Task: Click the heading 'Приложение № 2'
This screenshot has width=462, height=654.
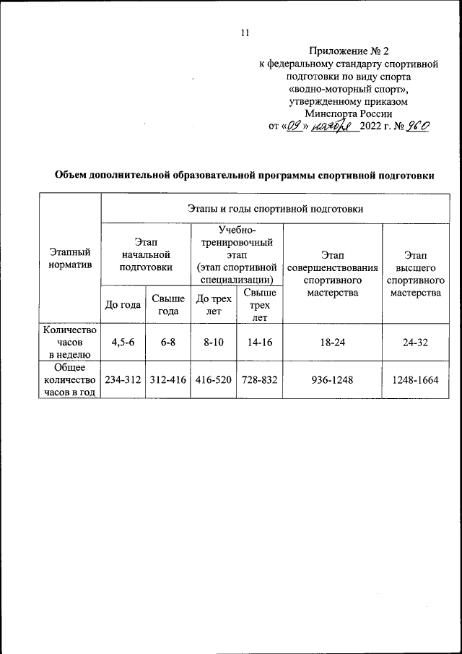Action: point(349,51)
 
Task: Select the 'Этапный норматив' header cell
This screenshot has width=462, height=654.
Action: point(70,259)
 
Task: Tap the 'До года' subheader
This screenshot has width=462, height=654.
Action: point(123,304)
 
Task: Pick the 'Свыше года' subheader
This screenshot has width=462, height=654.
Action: point(167,304)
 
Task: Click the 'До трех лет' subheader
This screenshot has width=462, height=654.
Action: point(213,304)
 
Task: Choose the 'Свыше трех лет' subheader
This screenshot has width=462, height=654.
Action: point(259,304)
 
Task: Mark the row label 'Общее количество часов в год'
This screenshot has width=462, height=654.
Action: point(70,380)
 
